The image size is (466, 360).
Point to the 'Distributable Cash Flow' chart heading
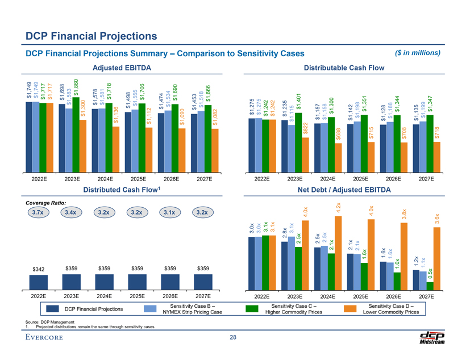(x=345, y=68)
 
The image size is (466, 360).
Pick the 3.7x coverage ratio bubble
(x=39, y=213)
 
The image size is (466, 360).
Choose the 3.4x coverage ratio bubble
(x=72, y=213)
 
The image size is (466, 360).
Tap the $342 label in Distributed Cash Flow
(x=39, y=267)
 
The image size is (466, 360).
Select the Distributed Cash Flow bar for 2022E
(x=39, y=282)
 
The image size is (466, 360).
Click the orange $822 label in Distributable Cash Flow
(x=306, y=129)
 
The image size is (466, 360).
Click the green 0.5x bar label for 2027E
(x=430, y=274)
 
